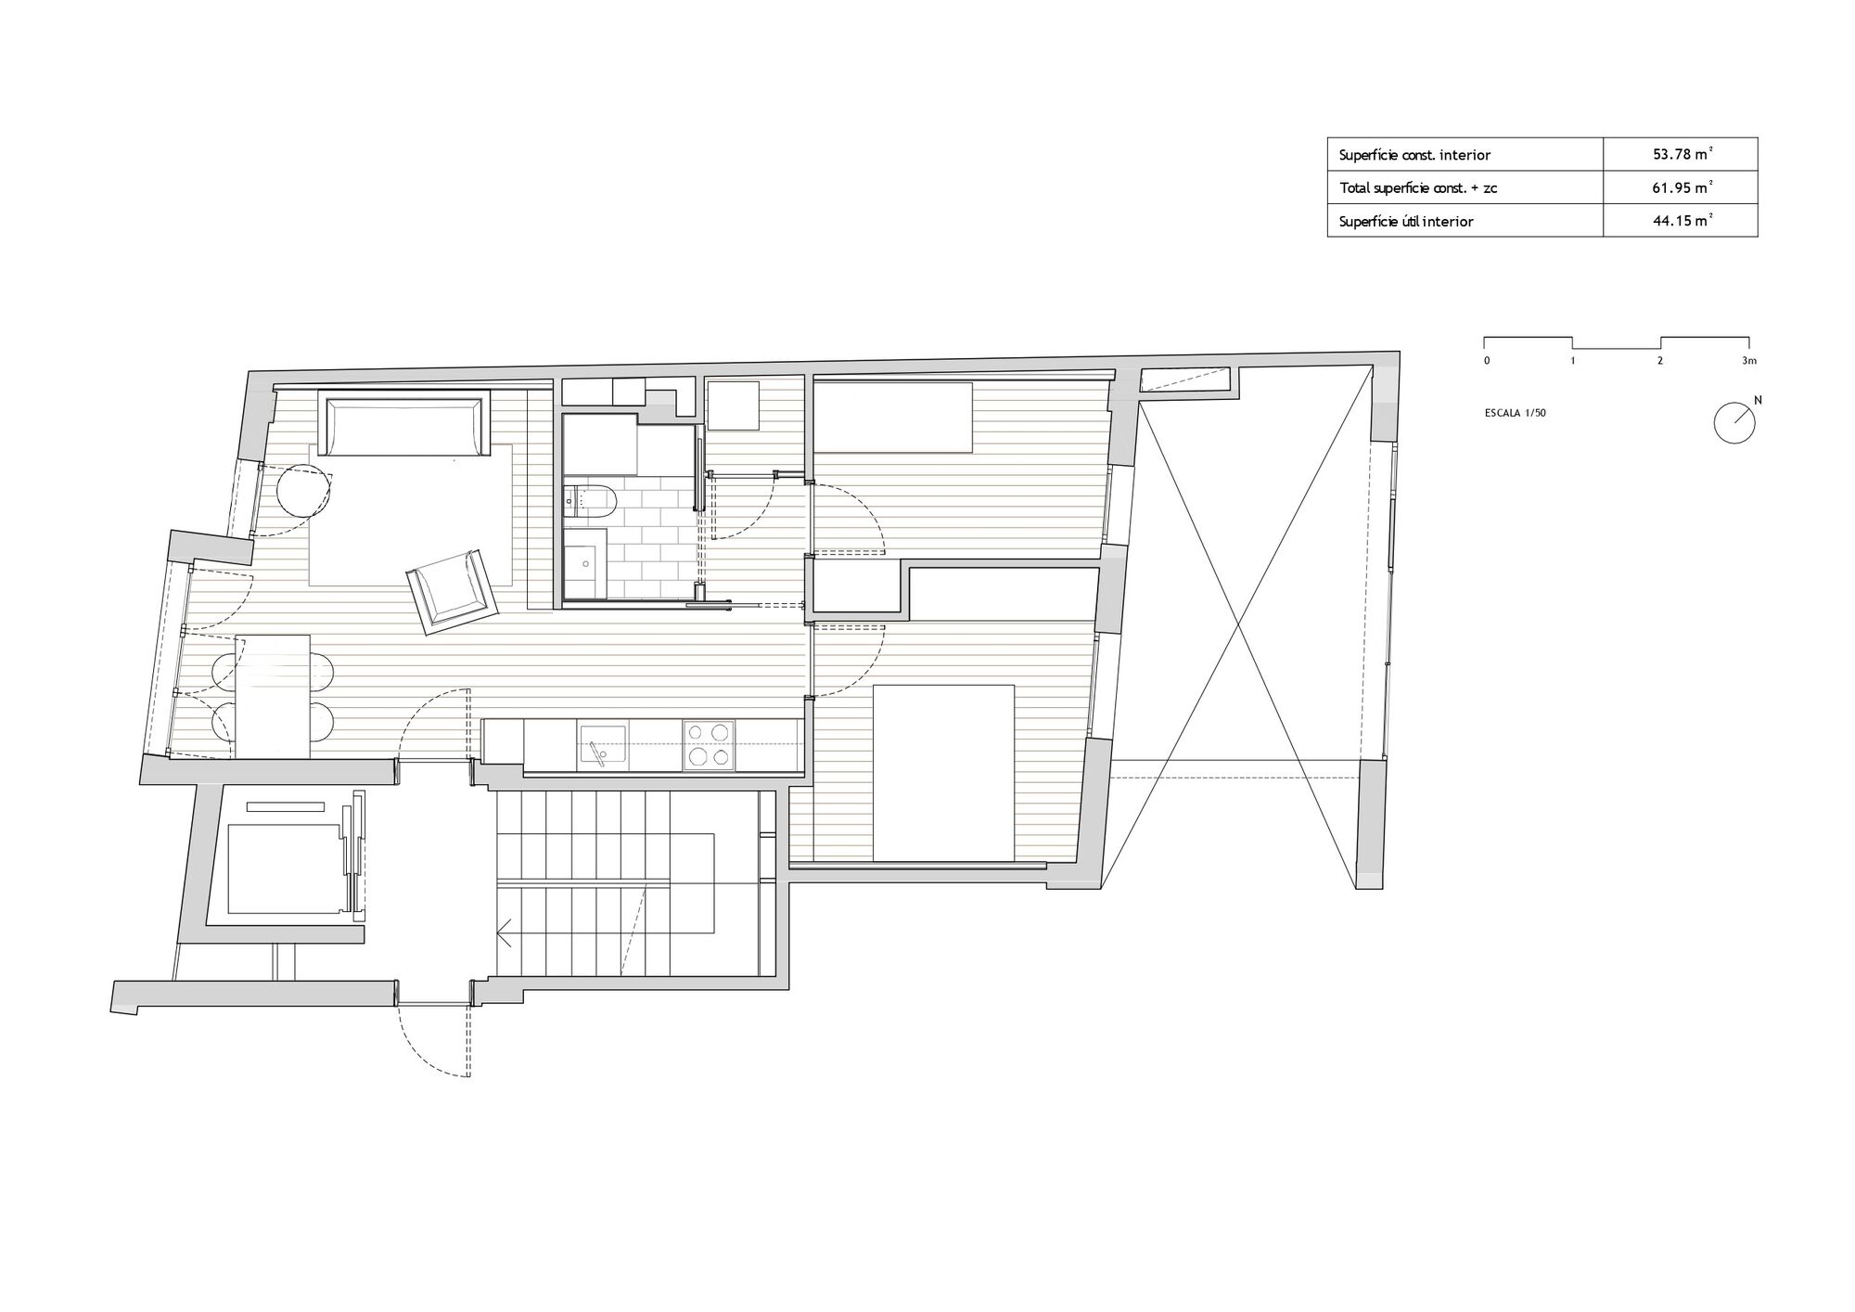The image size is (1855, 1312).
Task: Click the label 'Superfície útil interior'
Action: [x=1406, y=222]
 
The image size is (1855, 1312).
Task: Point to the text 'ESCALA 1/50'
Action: [x=1515, y=413]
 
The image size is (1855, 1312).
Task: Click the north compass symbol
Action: [x=1735, y=421]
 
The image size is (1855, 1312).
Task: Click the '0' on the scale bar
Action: [x=1487, y=360]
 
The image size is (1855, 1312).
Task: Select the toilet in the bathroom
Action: [x=591, y=502]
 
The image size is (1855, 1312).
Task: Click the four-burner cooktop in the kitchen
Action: [x=710, y=745]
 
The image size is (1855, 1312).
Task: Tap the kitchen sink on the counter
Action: [x=602, y=745]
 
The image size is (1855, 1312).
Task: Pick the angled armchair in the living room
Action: [x=454, y=591]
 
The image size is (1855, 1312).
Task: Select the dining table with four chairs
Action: [x=273, y=696]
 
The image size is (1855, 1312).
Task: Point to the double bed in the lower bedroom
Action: [x=944, y=773]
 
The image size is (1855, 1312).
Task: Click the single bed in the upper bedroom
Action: [x=892, y=417]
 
